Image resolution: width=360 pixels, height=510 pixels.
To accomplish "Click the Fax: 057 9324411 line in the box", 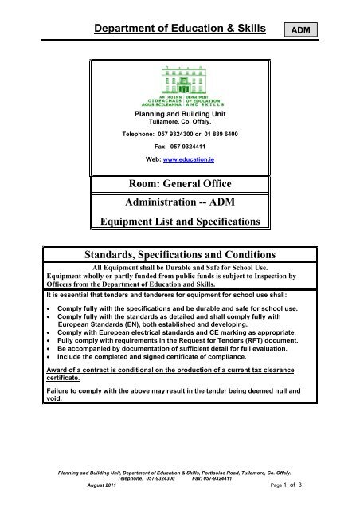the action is pos(179,147).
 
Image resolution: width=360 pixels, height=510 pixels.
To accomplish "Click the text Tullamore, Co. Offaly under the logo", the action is pos(179,122).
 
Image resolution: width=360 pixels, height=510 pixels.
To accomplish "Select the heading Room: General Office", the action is pos(179,185).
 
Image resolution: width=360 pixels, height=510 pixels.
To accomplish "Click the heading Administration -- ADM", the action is pos(179,203).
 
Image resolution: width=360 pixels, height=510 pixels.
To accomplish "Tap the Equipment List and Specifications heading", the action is pos(179,222).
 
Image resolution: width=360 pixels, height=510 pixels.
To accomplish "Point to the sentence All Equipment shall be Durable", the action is pos(180,269).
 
